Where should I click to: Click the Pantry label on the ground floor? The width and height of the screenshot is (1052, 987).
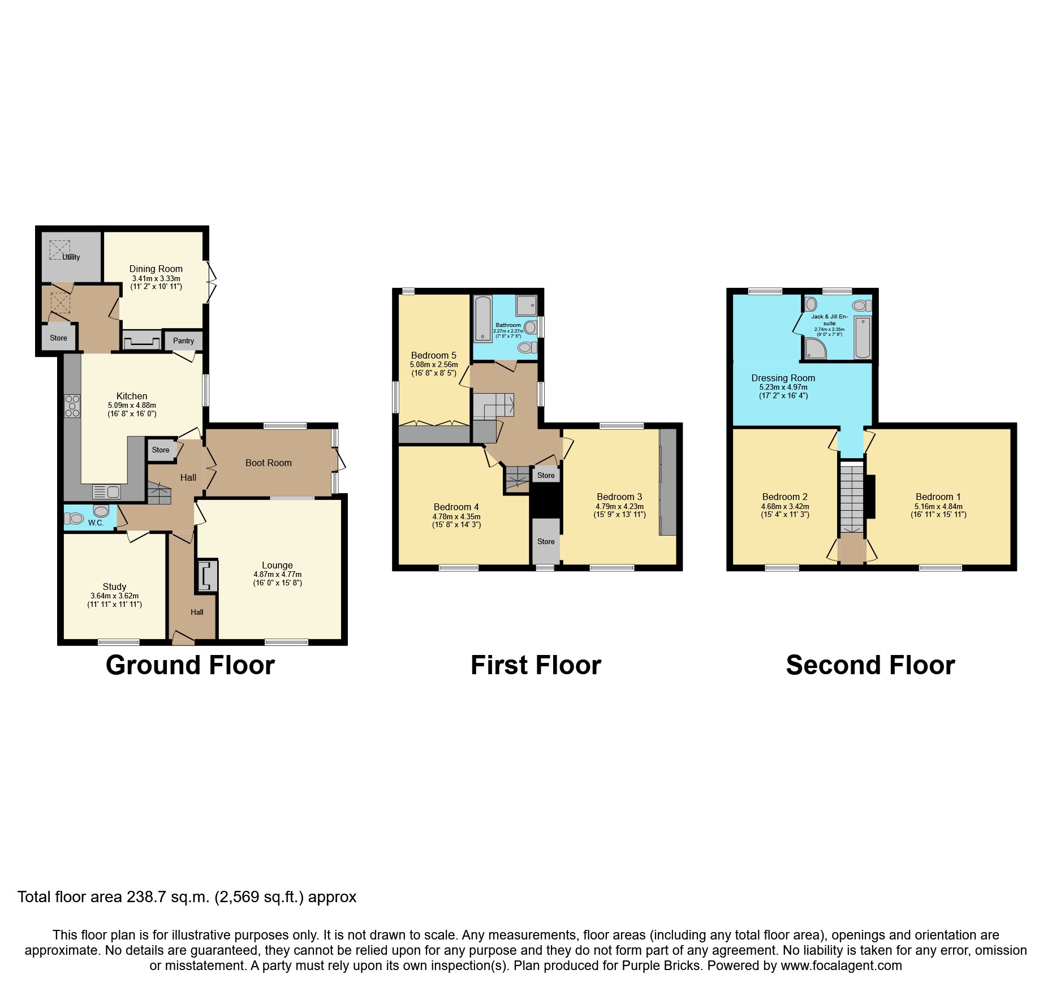(183, 341)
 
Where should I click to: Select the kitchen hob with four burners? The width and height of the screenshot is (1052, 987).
(72, 406)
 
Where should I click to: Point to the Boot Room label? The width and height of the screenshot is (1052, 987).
(268, 463)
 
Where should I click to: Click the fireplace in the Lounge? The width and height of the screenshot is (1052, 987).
(207, 576)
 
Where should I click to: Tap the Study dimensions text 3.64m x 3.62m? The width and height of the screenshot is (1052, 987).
(114, 596)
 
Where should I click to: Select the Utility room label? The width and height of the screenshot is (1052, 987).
(71, 257)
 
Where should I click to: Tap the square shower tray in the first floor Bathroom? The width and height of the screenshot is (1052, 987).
(525, 306)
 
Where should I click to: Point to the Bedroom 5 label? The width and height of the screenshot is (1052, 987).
(433, 355)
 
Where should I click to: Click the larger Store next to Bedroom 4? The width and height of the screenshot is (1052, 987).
(546, 541)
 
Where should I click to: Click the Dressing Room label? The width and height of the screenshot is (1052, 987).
(783, 378)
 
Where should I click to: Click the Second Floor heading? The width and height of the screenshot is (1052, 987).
(870, 665)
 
